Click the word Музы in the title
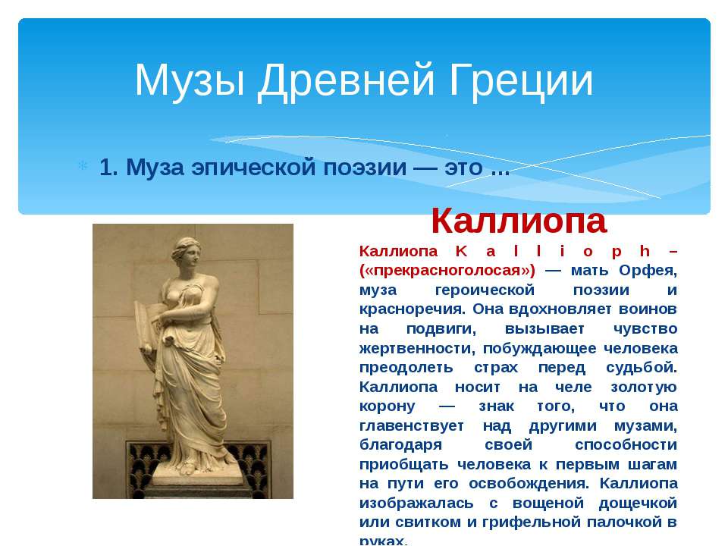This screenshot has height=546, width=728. (x=190, y=81)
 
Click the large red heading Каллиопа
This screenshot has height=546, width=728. (x=519, y=221)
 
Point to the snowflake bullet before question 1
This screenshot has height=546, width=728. (x=83, y=165)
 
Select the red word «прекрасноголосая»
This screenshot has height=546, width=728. (x=447, y=270)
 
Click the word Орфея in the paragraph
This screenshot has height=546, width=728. (x=648, y=271)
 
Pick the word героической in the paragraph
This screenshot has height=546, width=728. (x=485, y=290)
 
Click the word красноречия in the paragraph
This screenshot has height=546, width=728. (x=413, y=309)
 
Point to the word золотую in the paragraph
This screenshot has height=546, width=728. (x=644, y=387)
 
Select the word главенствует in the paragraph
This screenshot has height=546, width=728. (x=411, y=425)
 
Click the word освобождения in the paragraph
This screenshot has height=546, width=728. (x=529, y=484)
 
